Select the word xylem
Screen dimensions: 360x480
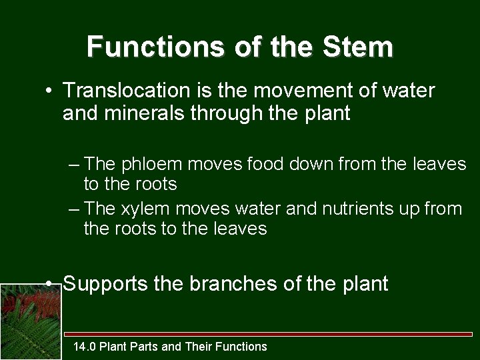(x=143, y=209)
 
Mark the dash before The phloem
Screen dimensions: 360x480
(x=75, y=164)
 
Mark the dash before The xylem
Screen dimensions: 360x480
(x=75, y=209)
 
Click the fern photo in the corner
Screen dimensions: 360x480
(x=31, y=321)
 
